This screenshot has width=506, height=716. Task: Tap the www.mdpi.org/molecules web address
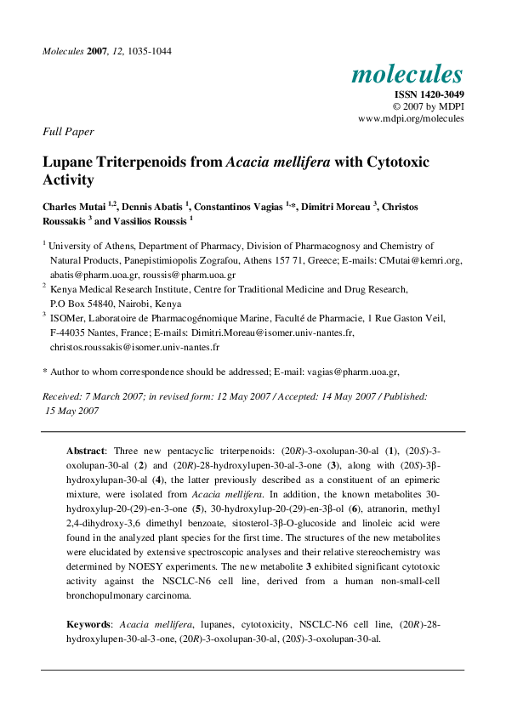[x=411, y=119]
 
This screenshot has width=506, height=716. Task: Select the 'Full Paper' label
[x=68, y=132]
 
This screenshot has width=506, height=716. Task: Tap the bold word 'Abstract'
[x=86, y=449]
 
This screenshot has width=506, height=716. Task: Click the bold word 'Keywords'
[x=88, y=624]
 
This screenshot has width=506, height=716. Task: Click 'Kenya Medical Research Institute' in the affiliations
[x=119, y=290]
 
